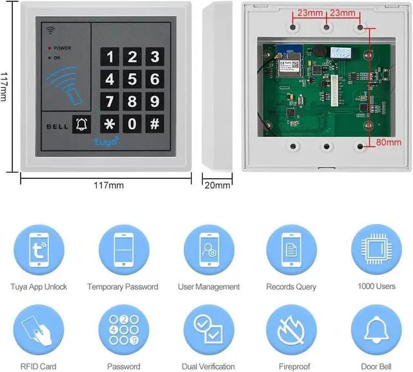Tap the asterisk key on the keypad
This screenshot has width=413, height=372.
(110, 123)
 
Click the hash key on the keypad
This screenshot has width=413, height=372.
(154, 123)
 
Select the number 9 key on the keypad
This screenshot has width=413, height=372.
(154, 101)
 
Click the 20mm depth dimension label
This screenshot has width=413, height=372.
(217, 185)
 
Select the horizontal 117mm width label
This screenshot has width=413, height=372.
(108, 185)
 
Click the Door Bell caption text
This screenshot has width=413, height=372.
(376, 366)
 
